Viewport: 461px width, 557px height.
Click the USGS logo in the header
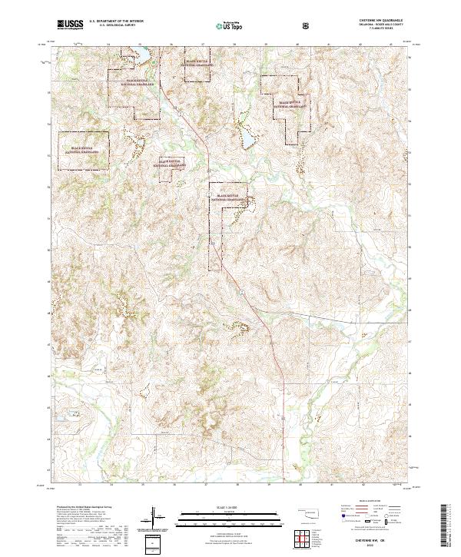pyautogui.click(x=70, y=25)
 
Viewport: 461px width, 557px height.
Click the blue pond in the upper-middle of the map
pyautogui.click(x=249, y=138)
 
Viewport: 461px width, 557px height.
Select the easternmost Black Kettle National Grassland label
pyautogui.click(x=292, y=104)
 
